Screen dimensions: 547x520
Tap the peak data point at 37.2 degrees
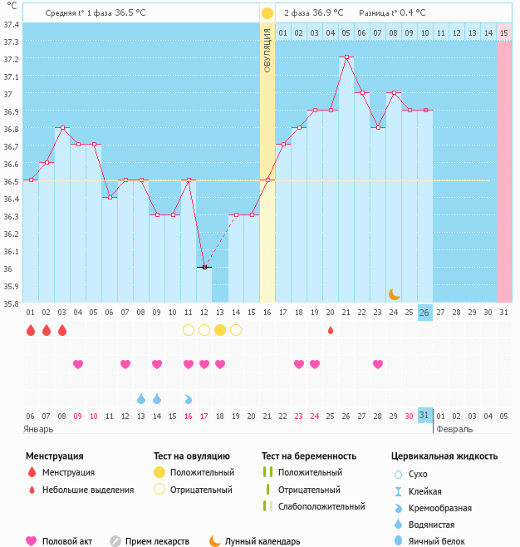(346, 57)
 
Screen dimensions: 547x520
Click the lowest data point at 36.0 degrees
(204, 267)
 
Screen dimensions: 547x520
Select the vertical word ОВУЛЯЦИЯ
(267, 50)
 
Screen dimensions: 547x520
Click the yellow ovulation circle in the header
(267, 13)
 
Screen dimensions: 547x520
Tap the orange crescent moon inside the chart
(395, 293)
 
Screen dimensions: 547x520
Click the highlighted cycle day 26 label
(424, 313)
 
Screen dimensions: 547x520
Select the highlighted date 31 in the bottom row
(424, 415)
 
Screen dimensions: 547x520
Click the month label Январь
(39, 430)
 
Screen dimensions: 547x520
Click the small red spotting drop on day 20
(331, 330)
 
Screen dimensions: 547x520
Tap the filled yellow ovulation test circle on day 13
(220, 330)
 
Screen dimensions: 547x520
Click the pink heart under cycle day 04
(78, 364)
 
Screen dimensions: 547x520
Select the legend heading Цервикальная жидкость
(444, 456)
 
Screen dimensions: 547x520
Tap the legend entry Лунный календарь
(262, 541)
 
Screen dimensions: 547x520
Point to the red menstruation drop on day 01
(31, 330)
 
